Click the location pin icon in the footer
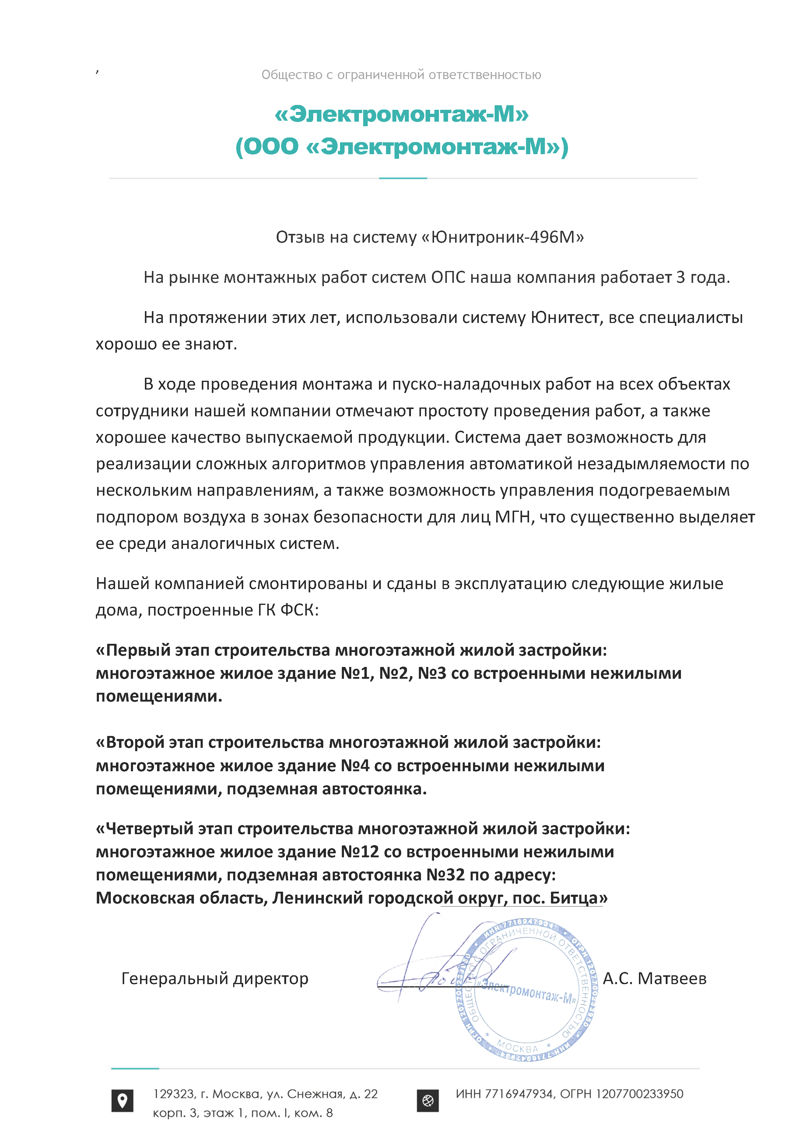click(x=122, y=1101)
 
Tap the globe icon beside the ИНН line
click(x=428, y=1101)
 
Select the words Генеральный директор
click(x=215, y=979)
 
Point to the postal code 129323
click(x=174, y=1094)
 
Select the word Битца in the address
click(x=574, y=898)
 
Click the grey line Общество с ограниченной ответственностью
click(x=401, y=75)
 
